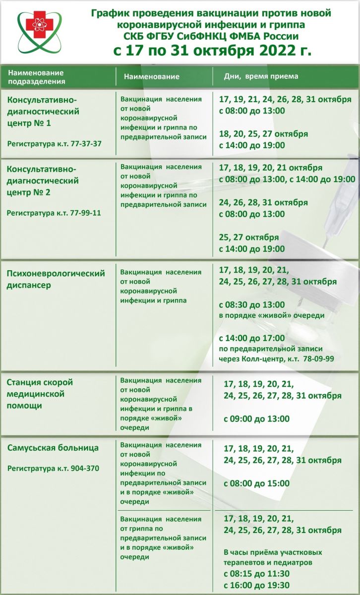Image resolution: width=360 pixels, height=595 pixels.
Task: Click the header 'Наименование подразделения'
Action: pyautogui.click(x=37, y=77)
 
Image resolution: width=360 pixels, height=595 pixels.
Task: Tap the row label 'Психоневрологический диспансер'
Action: pyautogui.click(x=57, y=279)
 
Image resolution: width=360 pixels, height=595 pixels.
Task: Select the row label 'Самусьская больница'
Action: pyautogui.click(x=53, y=448)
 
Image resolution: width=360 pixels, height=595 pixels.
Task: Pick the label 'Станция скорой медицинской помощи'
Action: pyautogui.click(x=41, y=394)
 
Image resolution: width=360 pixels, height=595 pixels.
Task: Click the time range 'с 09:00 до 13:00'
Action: pyautogui.click(x=256, y=419)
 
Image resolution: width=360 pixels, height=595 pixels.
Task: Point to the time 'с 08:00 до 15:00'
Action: pyautogui.click(x=256, y=483)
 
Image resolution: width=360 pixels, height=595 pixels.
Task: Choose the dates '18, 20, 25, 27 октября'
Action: pyautogui.click(x=263, y=134)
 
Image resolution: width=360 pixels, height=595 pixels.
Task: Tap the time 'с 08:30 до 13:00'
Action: pyautogui.click(x=252, y=304)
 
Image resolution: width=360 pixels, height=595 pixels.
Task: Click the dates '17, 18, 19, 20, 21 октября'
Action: pyautogui.click(x=270, y=168)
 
